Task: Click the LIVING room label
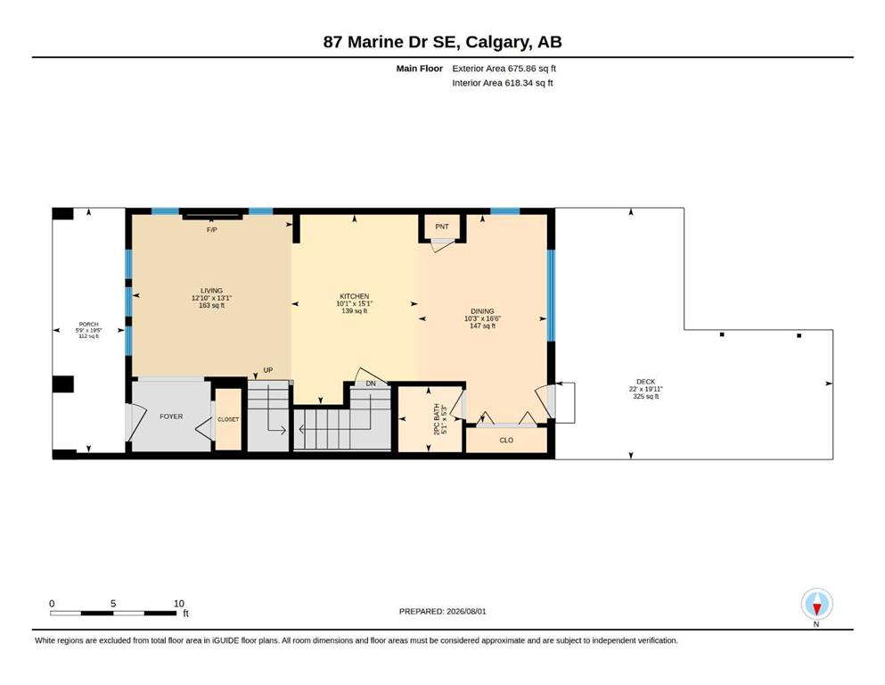tap(211, 290)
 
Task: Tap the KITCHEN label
tap(355, 296)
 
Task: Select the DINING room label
tap(482, 311)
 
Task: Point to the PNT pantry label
tap(442, 227)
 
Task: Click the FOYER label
tap(172, 417)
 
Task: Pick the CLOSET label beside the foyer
tap(228, 419)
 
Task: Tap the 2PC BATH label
tap(437, 419)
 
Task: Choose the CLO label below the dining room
tap(506, 440)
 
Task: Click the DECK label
tap(645, 382)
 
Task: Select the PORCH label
tap(88, 324)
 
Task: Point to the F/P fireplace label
tap(211, 230)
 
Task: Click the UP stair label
tap(268, 370)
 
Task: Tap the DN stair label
tap(371, 384)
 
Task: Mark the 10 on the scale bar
tap(179, 603)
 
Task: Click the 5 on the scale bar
tap(113, 603)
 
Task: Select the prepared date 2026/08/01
tap(466, 611)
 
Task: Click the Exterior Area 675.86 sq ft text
tap(504, 69)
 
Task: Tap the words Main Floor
tap(420, 69)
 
